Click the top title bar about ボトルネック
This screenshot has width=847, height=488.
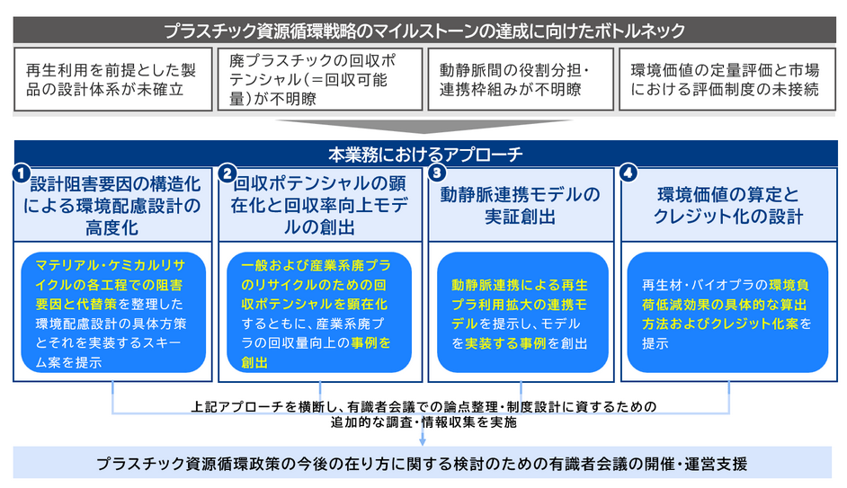[x=423, y=30]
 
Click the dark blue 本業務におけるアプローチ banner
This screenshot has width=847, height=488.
[x=423, y=153]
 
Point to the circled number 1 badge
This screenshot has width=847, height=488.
[x=21, y=171]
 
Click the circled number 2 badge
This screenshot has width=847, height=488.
[x=227, y=171]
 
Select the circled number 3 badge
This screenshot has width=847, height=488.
[x=437, y=171]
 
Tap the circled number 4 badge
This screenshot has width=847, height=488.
[x=629, y=171]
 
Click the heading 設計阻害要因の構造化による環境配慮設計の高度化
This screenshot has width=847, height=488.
[x=115, y=205]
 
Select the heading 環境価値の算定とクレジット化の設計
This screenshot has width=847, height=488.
[x=728, y=205]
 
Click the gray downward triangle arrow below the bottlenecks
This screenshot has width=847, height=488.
[x=424, y=126]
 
